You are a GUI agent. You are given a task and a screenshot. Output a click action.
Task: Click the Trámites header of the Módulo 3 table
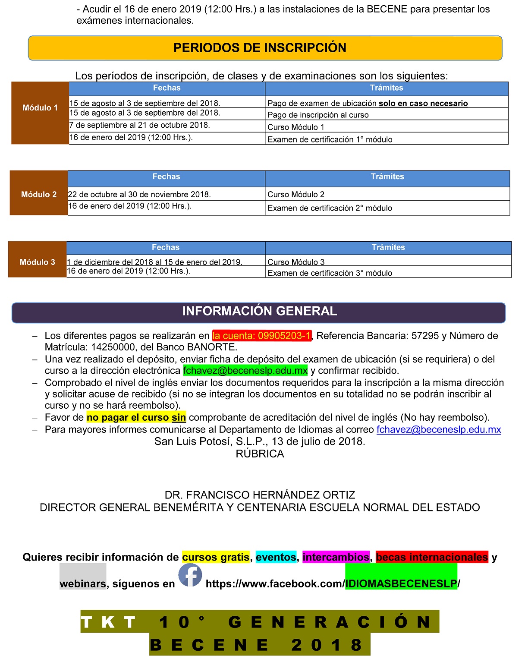[388, 248]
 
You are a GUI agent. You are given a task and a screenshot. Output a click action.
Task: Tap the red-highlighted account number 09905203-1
[262, 336]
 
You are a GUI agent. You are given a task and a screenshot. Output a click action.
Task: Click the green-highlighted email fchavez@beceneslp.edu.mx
[245, 370]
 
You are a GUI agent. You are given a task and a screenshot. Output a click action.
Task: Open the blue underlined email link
[439, 429]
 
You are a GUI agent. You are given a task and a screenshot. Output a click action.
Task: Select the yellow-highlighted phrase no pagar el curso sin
[136, 417]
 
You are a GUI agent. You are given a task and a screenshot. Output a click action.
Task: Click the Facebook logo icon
[190, 575]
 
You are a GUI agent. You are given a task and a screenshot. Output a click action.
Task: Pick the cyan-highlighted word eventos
[276, 557]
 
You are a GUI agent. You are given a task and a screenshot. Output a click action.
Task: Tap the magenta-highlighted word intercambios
[336, 557]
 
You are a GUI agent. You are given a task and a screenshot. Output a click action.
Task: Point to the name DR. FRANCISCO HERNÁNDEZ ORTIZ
[260, 495]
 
